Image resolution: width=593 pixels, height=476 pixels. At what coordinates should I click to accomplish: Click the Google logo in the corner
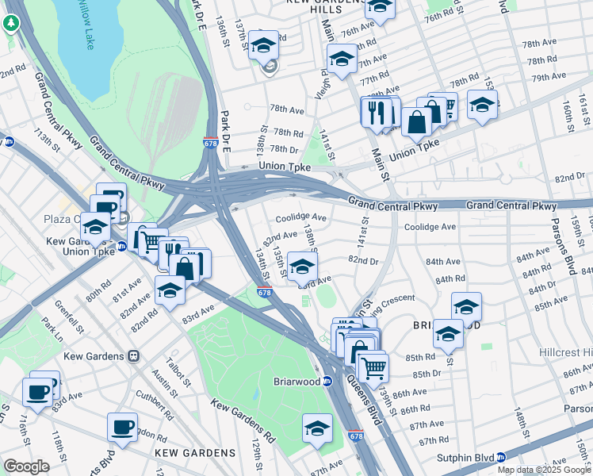click(x=25, y=466)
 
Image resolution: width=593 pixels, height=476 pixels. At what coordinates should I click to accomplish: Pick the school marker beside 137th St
click(x=264, y=45)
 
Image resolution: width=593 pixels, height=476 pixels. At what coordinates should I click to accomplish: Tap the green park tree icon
click(x=10, y=23)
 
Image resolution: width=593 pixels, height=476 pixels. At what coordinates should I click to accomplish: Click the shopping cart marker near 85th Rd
click(x=373, y=367)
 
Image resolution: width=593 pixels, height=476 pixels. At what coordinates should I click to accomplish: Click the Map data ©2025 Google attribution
click(x=544, y=470)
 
